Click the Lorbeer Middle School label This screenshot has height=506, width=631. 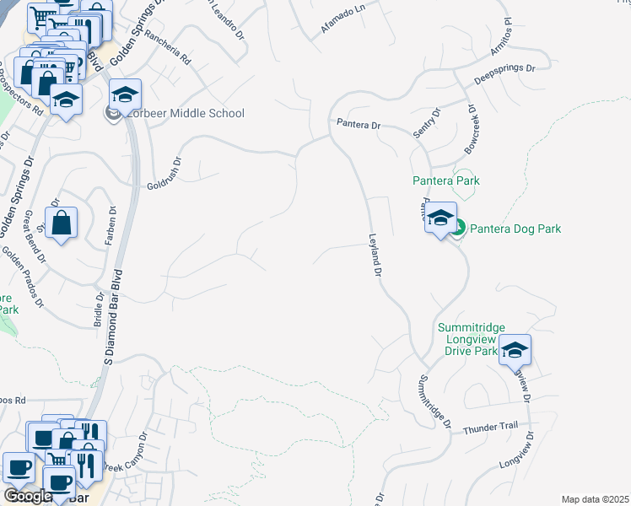tap(183, 114)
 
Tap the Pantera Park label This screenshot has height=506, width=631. tap(445, 180)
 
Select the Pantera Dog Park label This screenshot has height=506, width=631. tap(515, 229)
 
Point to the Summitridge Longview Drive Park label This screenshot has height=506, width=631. tap(469, 339)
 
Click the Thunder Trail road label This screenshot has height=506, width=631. tap(490, 428)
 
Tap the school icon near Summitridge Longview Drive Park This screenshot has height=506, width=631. tap(515, 349)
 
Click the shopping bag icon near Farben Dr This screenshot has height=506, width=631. tap(62, 223)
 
